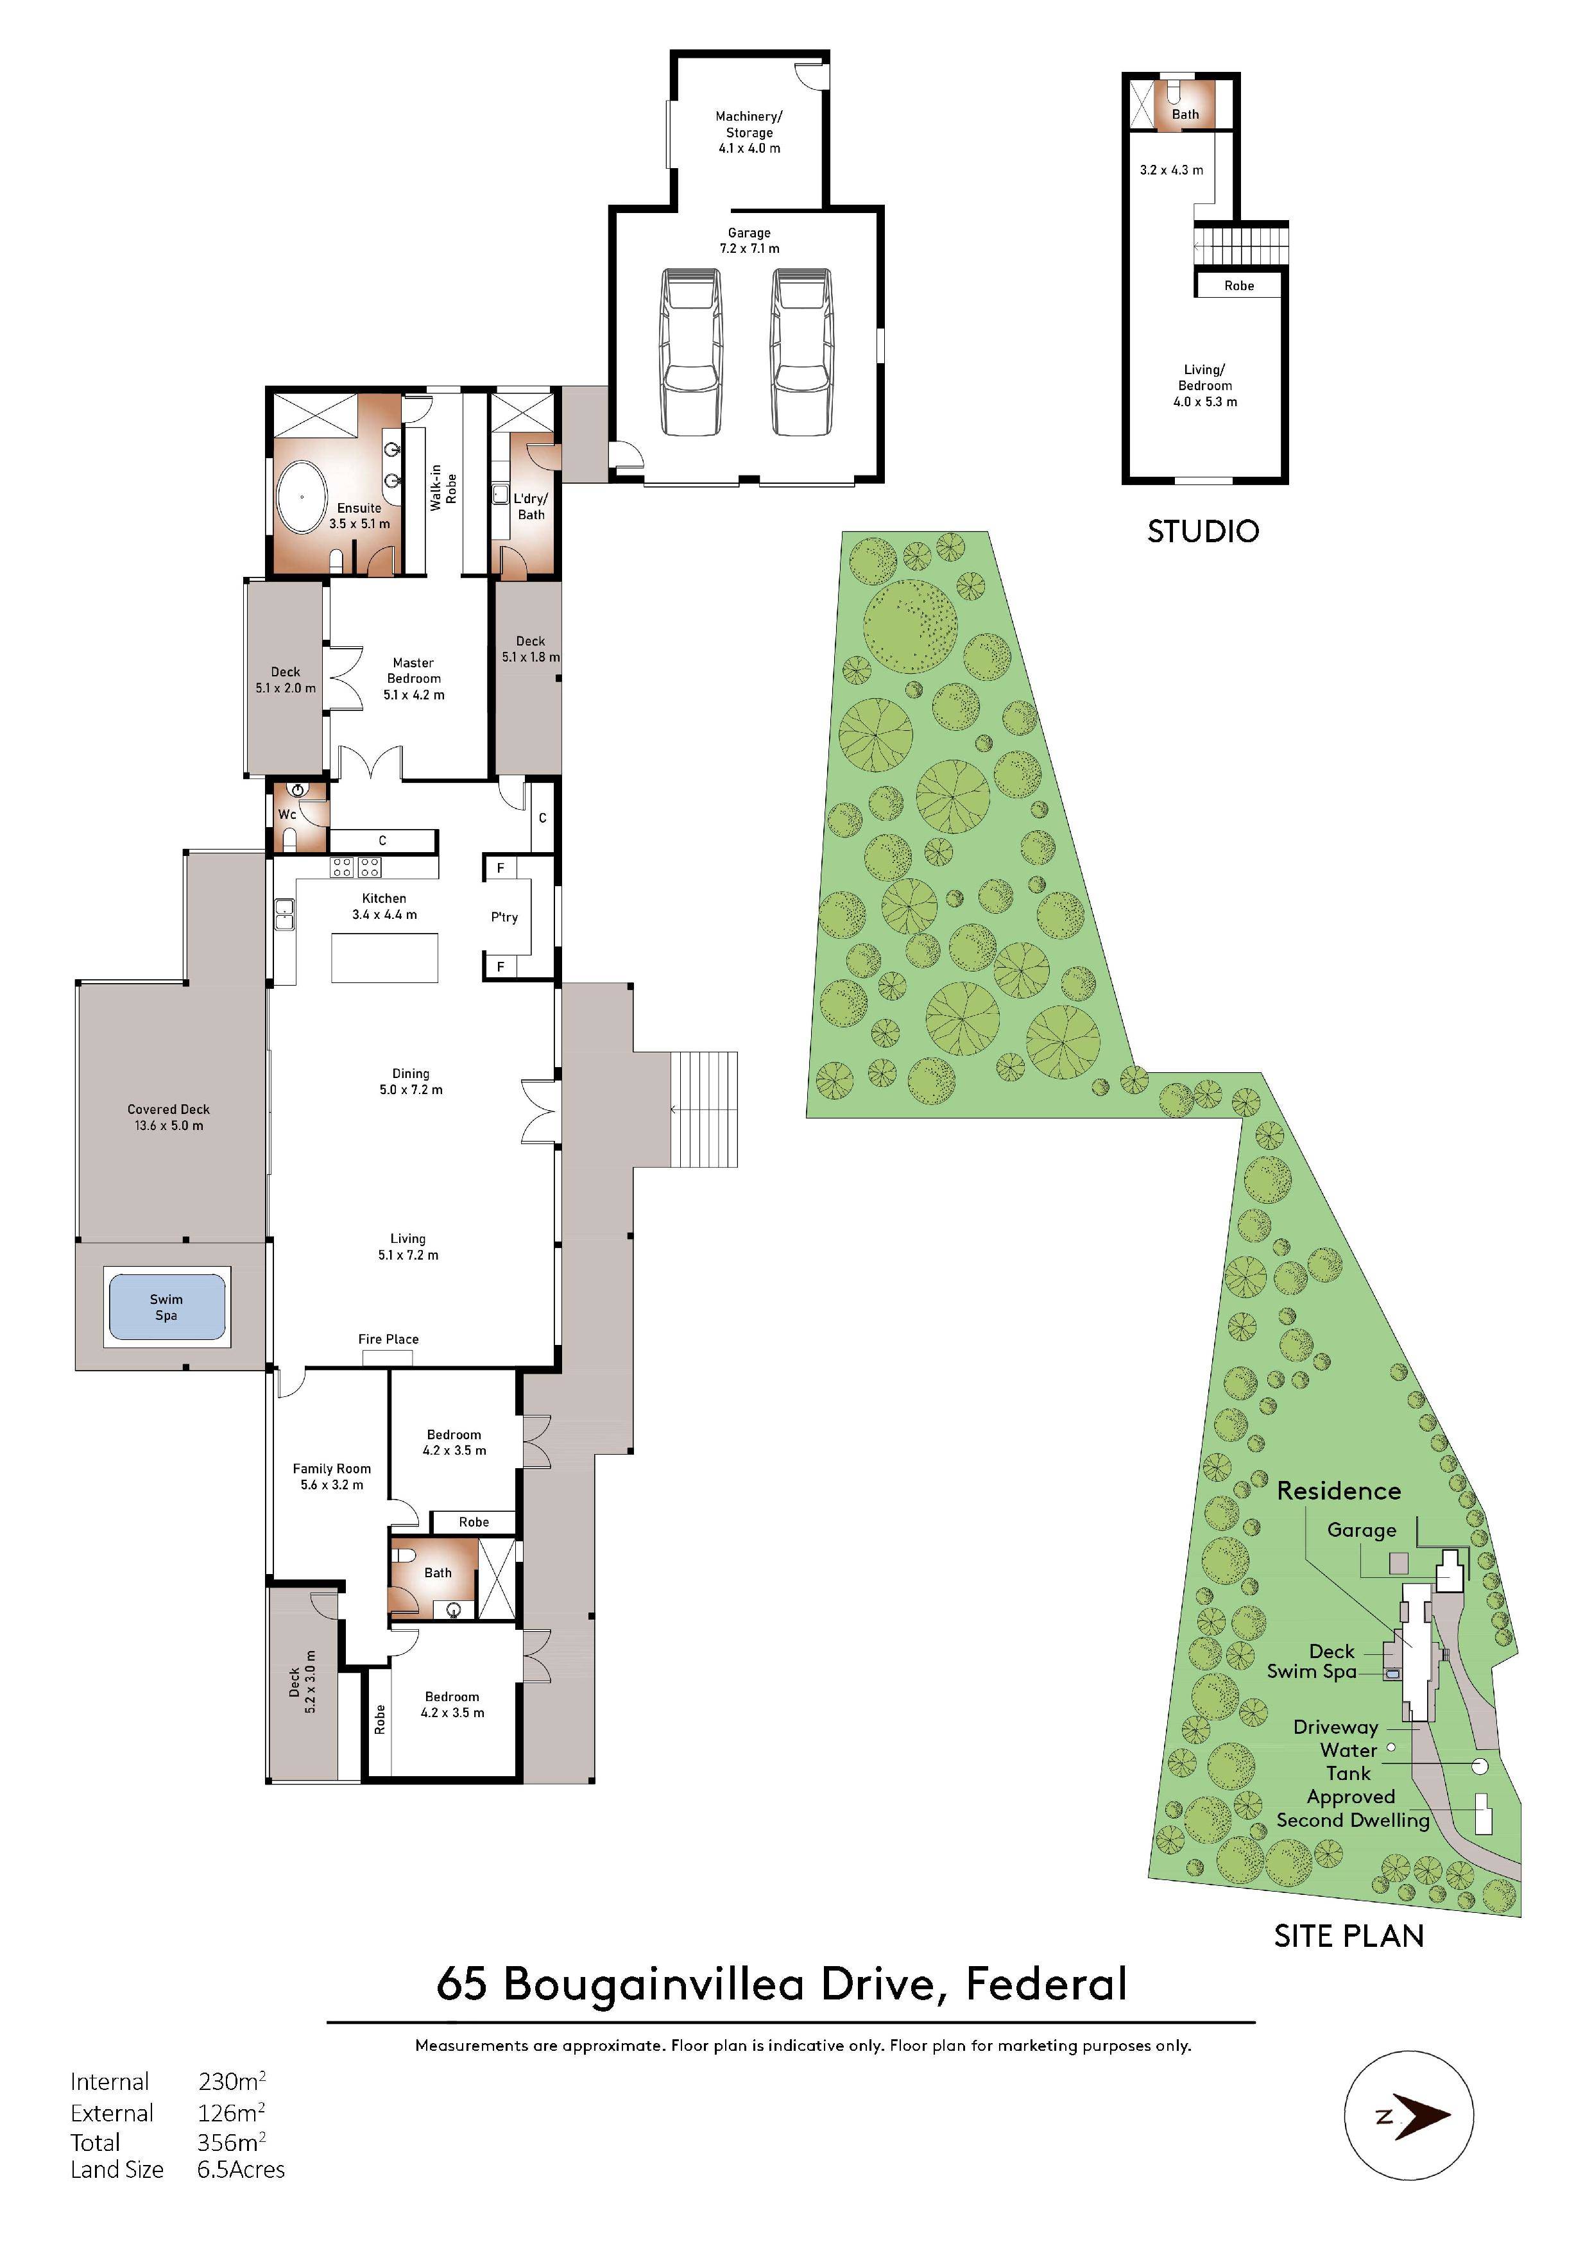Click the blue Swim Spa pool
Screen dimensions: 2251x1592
[167, 1307]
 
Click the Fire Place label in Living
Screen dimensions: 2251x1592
[388, 1339]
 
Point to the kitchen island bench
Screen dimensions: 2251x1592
[384, 958]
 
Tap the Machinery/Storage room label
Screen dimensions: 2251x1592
[749, 132]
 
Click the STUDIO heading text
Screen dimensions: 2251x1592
[1203, 531]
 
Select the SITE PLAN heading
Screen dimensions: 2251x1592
[1348, 1937]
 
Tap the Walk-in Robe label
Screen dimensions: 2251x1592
[443, 487]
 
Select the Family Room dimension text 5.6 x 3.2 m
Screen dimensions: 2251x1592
[331, 1485]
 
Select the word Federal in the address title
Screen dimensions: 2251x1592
[1046, 1984]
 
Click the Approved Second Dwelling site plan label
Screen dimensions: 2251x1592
[1353, 1809]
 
